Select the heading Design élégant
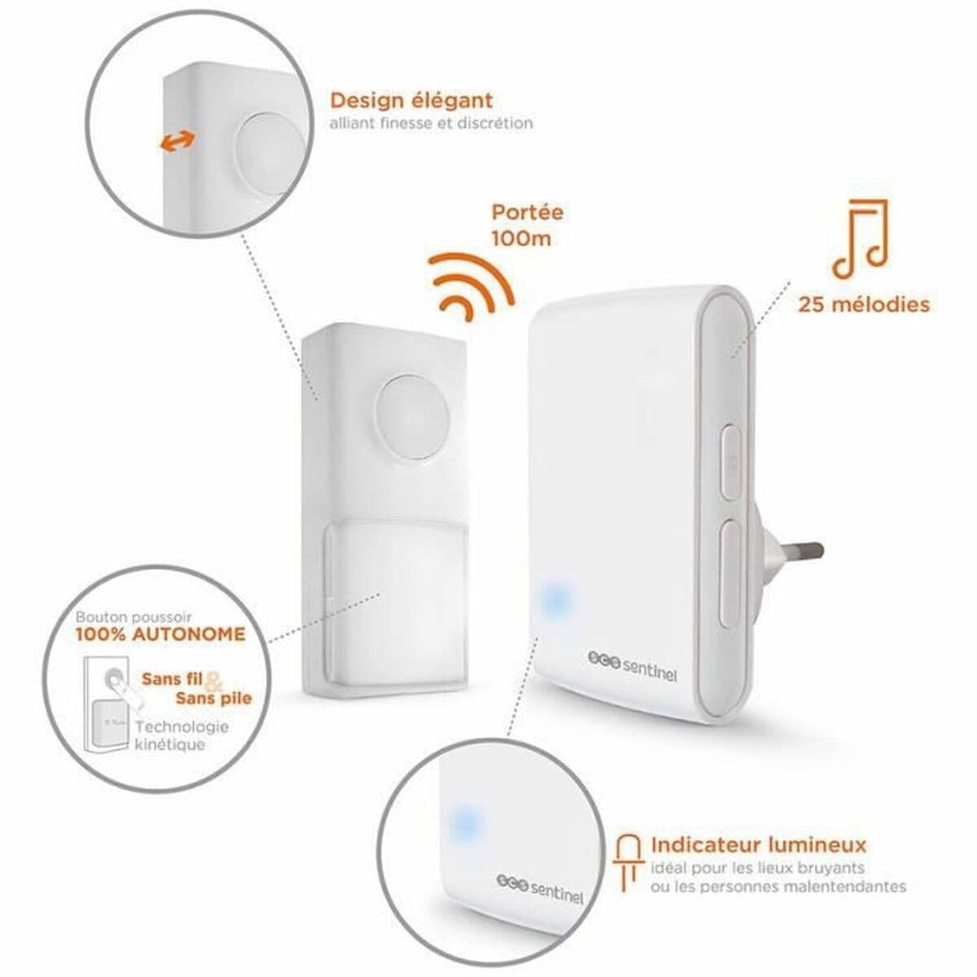(x=411, y=101)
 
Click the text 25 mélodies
(x=864, y=304)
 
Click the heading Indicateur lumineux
(x=758, y=844)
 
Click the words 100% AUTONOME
(x=160, y=633)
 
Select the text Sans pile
(x=214, y=698)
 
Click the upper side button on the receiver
(x=729, y=463)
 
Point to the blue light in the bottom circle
(x=465, y=823)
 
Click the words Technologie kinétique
(x=182, y=736)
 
